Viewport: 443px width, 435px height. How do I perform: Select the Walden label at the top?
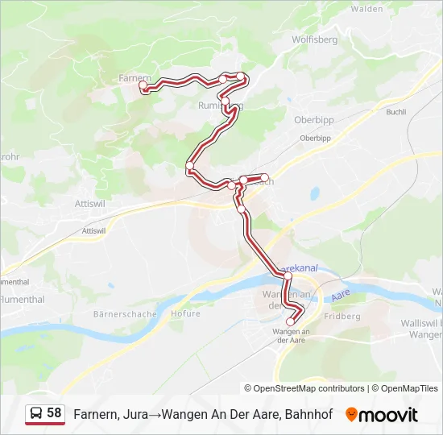tap(366, 9)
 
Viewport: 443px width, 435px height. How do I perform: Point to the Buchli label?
tap(396, 112)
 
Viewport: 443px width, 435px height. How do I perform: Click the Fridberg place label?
tap(342, 317)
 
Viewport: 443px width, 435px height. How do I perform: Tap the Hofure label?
tap(186, 313)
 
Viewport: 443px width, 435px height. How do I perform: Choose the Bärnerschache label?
tap(125, 313)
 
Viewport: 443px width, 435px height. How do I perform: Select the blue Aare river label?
tap(338, 297)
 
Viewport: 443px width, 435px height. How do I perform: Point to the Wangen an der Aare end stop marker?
tap(291, 322)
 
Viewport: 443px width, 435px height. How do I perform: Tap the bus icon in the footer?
tap(36, 414)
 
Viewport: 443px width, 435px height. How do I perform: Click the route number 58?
tap(54, 413)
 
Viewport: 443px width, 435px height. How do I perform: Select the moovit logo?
tap(382, 415)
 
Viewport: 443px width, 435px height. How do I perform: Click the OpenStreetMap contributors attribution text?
tap(304, 388)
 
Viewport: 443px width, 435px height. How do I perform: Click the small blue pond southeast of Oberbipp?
tap(314, 193)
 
